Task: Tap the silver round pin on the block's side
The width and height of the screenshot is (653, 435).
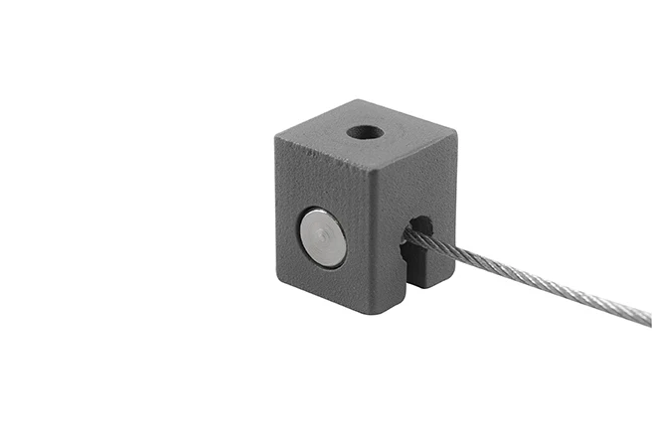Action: (323, 237)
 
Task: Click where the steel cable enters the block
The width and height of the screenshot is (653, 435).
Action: (408, 234)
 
